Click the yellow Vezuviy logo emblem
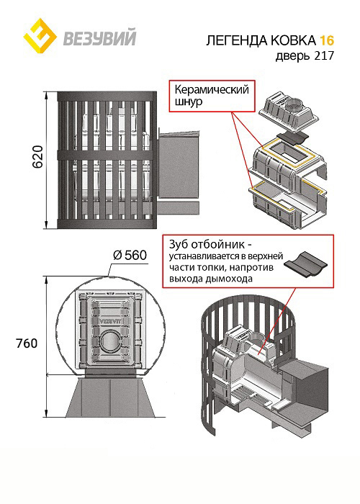[40, 36]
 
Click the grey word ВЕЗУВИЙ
[99, 37]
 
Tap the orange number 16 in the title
[326, 40]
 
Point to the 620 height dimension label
[37, 156]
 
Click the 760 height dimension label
[27, 343]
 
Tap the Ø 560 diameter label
[130, 255]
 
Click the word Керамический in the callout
[212, 89]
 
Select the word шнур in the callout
[189, 102]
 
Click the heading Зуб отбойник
[208, 245]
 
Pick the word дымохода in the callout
[230, 279]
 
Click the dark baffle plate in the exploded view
[292, 138]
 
